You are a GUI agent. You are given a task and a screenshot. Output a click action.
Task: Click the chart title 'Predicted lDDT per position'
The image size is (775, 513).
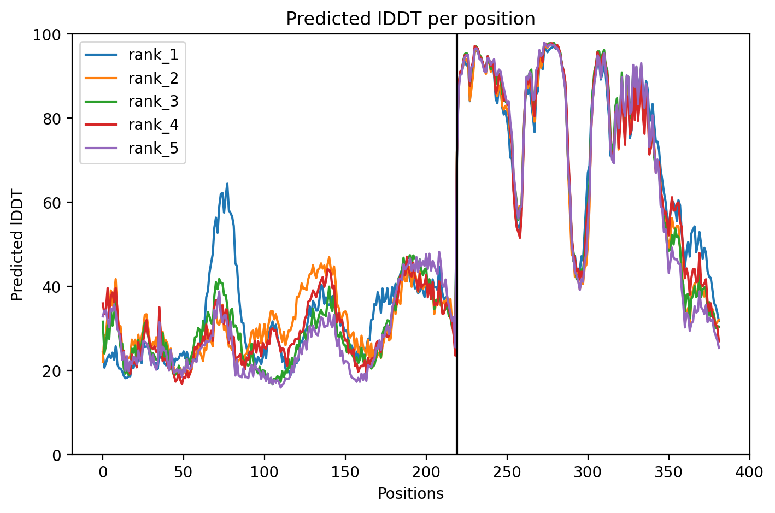coord(410,19)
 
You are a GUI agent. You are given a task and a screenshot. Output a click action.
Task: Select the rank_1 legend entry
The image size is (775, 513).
coord(154,55)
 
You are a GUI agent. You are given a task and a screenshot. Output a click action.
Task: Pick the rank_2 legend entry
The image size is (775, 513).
coord(154,78)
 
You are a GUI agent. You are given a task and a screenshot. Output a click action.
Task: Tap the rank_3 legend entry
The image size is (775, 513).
coord(154,102)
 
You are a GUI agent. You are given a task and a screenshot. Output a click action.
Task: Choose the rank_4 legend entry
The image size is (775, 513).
coord(154,125)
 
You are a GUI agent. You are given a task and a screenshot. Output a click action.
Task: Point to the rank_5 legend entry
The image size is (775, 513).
coord(154,149)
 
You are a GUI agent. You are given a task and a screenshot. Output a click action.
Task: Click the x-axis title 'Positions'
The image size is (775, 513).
coord(410,494)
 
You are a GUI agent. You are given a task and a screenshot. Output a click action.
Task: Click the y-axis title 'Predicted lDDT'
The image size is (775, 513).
coord(17,244)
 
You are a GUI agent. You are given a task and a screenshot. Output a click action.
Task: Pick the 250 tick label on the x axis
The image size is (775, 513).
coord(507,471)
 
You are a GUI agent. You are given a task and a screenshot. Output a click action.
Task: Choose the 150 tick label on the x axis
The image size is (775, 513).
coord(345,471)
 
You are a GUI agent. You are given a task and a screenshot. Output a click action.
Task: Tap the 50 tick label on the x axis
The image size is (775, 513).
coord(184,471)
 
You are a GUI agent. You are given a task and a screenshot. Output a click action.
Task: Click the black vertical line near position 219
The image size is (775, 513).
coord(457,246)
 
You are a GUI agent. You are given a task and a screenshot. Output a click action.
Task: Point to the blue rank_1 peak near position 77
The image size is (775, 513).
coord(227,184)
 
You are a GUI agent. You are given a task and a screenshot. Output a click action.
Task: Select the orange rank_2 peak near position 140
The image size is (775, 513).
coord(328,257)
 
